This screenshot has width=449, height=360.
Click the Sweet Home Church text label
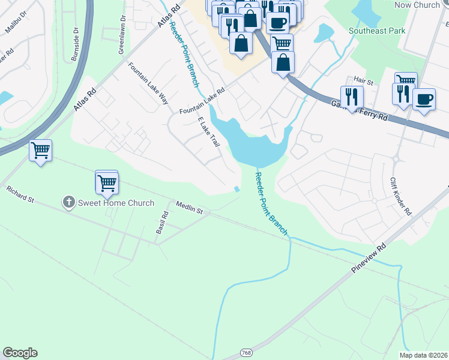click(116, 203)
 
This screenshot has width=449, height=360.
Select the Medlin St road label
click(190, 208)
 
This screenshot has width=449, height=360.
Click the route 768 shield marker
click(246, 352)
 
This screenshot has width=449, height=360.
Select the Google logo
click(20, 353)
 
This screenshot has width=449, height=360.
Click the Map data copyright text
click(423, 355)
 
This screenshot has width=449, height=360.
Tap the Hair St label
click(363, 79)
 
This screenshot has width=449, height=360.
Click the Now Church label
click(417, 5)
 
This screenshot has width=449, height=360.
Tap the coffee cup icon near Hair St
click(424, 99)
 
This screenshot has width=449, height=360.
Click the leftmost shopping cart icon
click(40, 151)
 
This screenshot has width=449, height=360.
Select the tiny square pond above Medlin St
click(237, 190)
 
